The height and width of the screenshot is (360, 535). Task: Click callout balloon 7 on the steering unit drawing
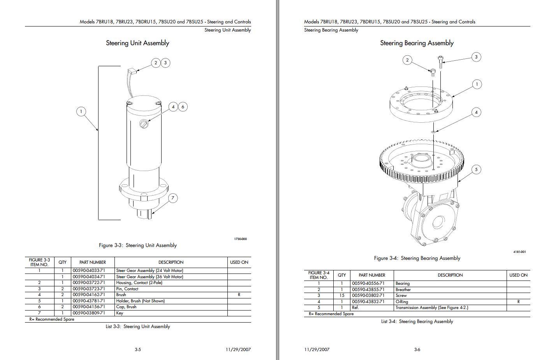point(173,198)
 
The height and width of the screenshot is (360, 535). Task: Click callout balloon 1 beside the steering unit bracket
point(81,111)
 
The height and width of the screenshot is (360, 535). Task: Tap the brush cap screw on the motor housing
point(144,125)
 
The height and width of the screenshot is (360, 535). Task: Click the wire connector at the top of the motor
point(132,71)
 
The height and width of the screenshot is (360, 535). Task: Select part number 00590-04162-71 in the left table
point(89,295)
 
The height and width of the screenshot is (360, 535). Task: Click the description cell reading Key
point(120,313)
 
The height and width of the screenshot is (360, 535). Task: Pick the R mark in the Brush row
point(239,295)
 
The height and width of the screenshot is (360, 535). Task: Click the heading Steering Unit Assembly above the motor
point(137,43)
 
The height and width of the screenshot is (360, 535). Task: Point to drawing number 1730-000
point(240,239)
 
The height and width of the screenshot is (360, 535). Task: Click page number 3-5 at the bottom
point(138,349)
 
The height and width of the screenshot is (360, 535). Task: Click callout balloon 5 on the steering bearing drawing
point(476,169)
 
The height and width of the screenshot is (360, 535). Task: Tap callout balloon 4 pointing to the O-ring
point(476,112)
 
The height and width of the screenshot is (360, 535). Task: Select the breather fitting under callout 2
point(433,72)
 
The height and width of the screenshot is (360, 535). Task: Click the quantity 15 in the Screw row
point(341,296)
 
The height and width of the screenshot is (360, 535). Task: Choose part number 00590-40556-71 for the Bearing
point(368,284)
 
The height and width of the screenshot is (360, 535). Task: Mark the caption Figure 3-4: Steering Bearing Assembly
point(417,258)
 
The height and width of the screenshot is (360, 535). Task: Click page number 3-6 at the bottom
point(417,349)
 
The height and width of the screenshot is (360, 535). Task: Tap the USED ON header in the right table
point(518,275)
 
